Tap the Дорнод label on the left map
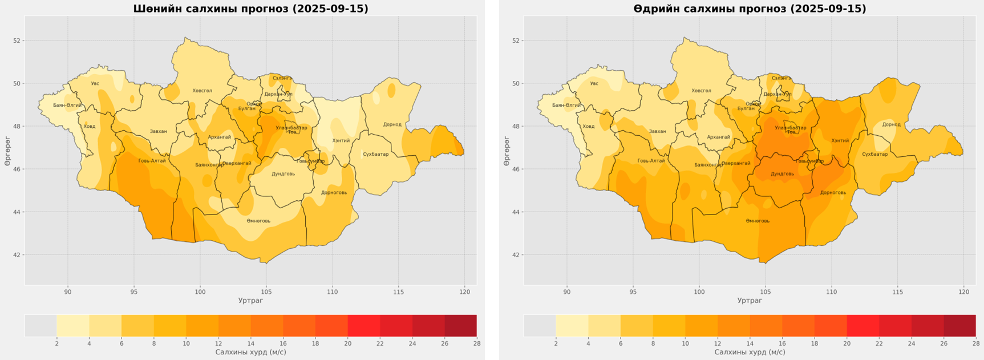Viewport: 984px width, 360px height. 392,124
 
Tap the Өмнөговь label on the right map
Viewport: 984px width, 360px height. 758,221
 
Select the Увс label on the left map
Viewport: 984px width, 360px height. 95,84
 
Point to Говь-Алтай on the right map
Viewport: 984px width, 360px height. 651,161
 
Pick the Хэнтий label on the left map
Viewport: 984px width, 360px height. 341,140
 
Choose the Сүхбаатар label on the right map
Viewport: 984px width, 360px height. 874,154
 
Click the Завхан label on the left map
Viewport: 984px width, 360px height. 158,131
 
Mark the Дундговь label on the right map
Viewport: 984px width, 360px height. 782,173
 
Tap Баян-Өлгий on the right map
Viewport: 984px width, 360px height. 566,105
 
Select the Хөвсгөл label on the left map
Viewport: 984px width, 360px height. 202,91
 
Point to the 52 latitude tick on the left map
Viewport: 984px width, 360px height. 17,41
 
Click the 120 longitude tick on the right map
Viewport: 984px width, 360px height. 963,292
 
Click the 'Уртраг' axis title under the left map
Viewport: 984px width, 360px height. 250,301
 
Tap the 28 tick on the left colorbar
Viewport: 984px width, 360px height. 476,343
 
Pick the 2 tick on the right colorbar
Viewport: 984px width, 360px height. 556,343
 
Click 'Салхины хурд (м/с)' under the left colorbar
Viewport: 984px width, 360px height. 250,352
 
